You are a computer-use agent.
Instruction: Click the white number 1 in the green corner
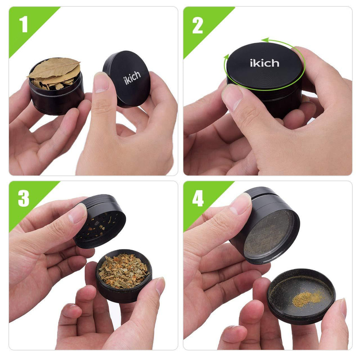tap(24, 24)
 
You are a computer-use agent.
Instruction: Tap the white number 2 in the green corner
tap(198, 25)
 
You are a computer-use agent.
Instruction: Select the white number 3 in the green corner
tap(24, 198)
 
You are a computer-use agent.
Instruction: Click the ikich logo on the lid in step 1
tap(132, 78)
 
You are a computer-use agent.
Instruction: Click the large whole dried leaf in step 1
tap(54, 67)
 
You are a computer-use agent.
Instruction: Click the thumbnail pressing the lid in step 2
tap(232, 97)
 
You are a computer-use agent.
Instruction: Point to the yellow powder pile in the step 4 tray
tap(307, 298)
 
